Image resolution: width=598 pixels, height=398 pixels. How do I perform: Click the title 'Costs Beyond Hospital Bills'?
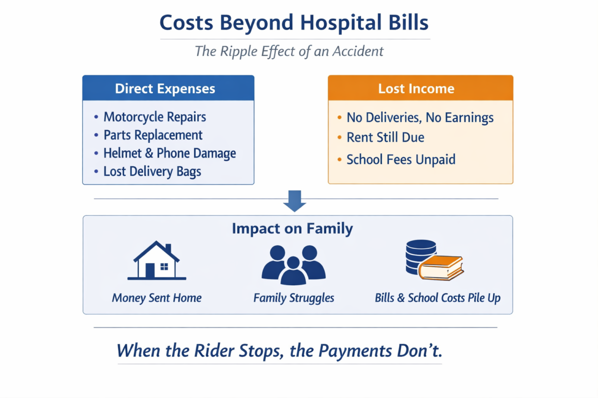click(x=294, y=23)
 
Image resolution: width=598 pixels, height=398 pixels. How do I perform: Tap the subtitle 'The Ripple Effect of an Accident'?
click(x=289, y=51)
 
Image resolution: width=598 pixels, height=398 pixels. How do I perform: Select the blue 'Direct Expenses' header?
click(x=168, y=88)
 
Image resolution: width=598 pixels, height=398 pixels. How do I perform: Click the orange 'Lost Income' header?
click(x=420, y=88)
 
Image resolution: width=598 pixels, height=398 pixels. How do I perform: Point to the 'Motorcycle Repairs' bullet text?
click(x=155, y=117)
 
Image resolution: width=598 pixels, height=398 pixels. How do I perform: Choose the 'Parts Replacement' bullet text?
click(x=153, y=135)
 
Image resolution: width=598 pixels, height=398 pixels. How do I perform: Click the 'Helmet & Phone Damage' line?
click(x=170, y=153)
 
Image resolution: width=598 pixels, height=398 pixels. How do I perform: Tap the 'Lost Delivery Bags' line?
click(x=152, y=171)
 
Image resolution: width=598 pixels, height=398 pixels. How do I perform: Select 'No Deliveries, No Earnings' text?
click(x=420, y=118)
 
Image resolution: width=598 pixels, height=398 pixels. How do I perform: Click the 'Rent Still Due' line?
click(x=385, y=137)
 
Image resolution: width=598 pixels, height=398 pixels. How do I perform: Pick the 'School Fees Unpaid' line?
click(x=401, y=160)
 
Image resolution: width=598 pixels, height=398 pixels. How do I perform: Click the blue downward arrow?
click(x=294, y=201)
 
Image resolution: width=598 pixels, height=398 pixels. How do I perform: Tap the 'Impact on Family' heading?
click(x=292, y=229)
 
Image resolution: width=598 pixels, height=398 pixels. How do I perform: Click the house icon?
click(x=156, y=261)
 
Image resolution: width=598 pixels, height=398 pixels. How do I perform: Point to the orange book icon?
click(x=441, y=268)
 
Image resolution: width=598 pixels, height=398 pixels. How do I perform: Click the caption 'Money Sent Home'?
click(x=156, y=298)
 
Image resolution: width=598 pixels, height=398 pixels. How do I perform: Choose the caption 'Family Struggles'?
click(x=294, y=298)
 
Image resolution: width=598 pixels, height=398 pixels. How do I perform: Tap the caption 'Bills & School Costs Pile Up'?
click(x=438, y=298)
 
